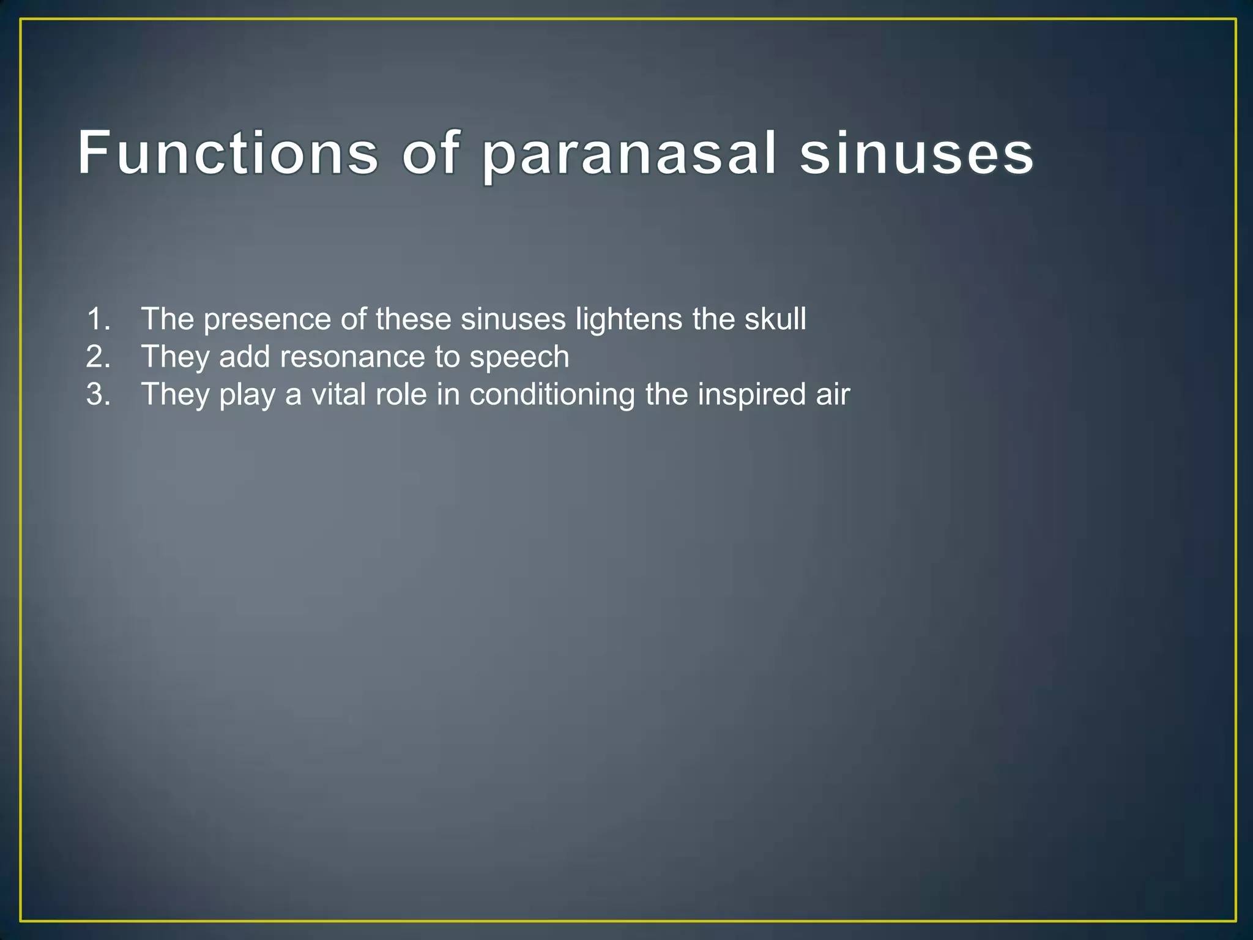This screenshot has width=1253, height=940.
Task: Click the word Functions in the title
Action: point(228,153)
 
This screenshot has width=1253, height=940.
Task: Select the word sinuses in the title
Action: point(917,153)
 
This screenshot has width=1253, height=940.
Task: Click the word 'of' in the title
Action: point(430,153)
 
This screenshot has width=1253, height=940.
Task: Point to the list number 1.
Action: point(99,319)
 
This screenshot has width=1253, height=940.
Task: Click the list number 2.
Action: point(99,357)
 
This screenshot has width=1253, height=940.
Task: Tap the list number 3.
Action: point(99,394)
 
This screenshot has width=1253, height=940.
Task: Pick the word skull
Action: point(775,319)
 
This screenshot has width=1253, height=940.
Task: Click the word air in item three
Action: point(833,395)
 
